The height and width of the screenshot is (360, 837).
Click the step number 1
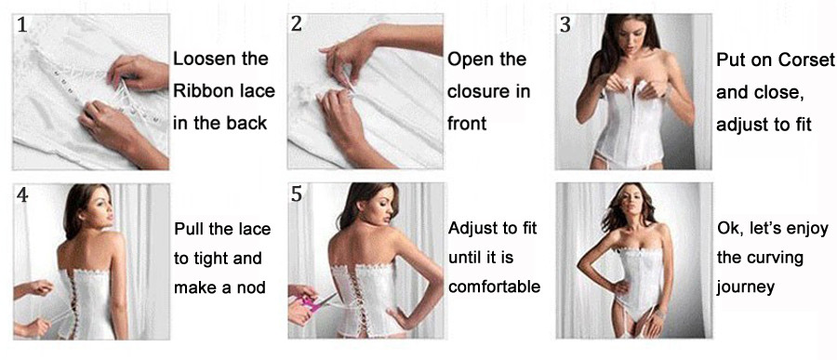[22, 25]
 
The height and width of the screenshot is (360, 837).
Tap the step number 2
[297, 24]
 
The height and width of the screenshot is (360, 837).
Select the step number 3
[565, 24]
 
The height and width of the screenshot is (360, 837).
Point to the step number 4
[22, 195]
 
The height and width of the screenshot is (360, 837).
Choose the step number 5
[297, 195]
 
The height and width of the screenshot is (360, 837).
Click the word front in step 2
[467, 124]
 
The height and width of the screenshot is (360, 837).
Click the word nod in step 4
[252, 287]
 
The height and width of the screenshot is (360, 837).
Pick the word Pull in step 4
[188, 229]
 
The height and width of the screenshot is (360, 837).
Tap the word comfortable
[495, 287]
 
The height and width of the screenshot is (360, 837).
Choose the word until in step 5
[463, 258]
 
